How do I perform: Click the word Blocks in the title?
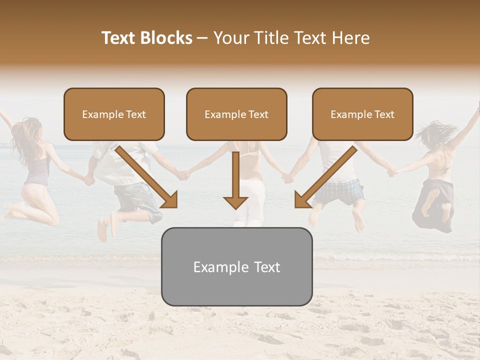pyautogui.click(x=166, y=38)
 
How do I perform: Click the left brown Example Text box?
pyautogui.click(x=114, y=114)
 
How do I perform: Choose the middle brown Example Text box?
pyautogui.click(x=236, y=114)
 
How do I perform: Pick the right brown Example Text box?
pyautogui.click(x=362, y=114)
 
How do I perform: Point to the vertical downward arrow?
pyautogui.click(x=235, y=180)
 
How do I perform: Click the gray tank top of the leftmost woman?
pyautogui.click(x=37, y=170)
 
